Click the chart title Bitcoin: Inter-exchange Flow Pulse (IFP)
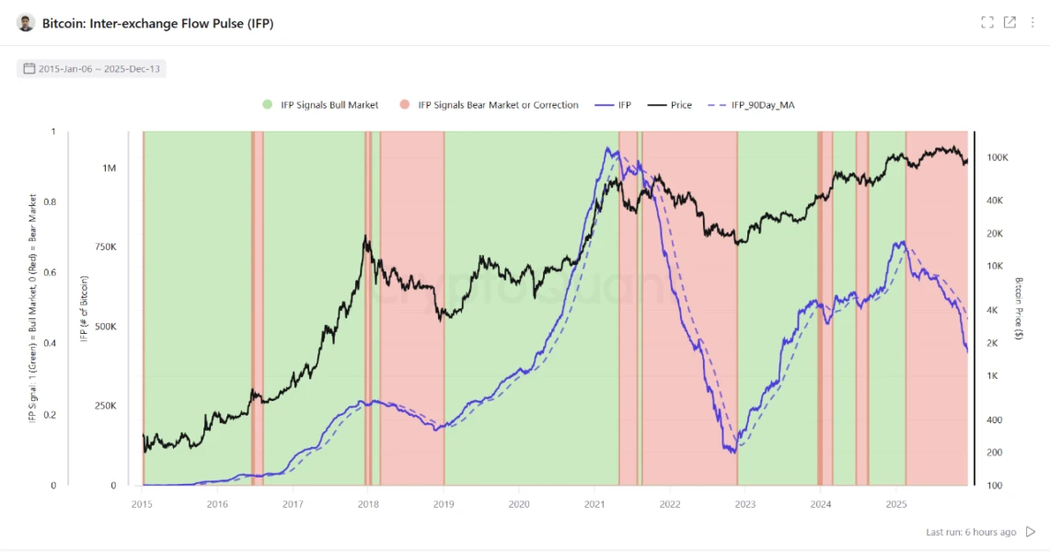[157, 23]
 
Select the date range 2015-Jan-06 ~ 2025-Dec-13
[92, 68]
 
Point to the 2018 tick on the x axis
[368, 503]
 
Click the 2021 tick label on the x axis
[594, 503]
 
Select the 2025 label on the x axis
[896, 503]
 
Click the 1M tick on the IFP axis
[110, 168]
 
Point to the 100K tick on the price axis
[998, 158]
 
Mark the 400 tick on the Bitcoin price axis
[995, 420]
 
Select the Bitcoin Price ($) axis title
[1019, 308]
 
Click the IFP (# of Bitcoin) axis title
[84, 309]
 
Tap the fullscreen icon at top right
[987, 23]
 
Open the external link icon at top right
[1010, 23]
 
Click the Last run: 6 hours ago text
[971, 532]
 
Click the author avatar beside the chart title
[26, 23]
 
